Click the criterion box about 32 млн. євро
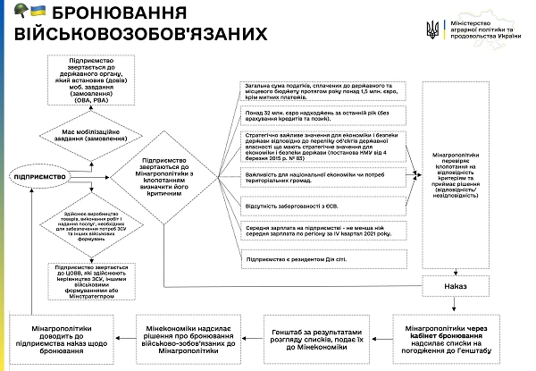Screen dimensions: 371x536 (319, 116)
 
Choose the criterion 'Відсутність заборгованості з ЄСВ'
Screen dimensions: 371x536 (319, 205)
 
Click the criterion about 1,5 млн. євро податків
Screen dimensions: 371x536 (319, 90)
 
